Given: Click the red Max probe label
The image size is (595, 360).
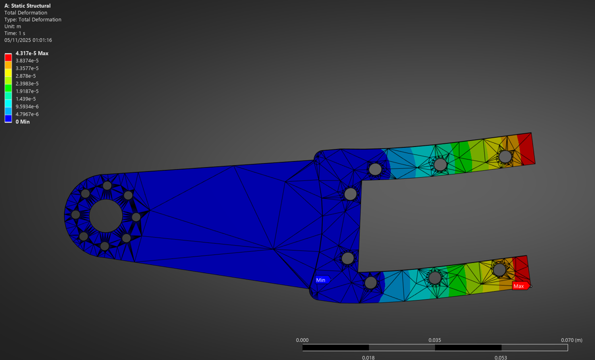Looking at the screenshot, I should pyautogui.click(x=519, y=286).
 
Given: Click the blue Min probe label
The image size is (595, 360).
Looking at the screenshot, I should pyautogui.click(x=321, y=280).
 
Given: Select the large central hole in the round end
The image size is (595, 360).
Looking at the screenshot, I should pyautogui.click(x=105, y=215).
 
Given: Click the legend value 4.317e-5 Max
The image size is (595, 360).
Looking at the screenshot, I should pyautogui.click(x=32, y=53).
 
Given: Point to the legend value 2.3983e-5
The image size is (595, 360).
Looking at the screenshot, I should pyautogui.click(x=27, y=83).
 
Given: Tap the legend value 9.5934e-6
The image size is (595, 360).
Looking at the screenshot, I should pyautogui.click(x=27, y=106).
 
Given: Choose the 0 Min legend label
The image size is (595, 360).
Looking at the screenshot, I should pyautogui.click(x=22, y=122).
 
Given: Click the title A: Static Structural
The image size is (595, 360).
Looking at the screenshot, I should pyautogui.click(x=27, y=5).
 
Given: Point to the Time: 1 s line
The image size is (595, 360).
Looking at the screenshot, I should pyautogui.click(x=15, y=33).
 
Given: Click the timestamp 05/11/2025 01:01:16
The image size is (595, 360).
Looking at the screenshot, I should pyautogui.click(x=28, y=40).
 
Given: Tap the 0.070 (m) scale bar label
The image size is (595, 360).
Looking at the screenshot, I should pyautogui.click(x=571, y=340).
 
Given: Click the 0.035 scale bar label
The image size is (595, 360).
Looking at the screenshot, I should pyautogui.click(x=434, y=340).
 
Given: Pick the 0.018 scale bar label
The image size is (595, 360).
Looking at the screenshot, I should pyautogui.click(x=368, y=357).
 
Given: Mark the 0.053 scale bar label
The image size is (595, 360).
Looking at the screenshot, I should pyautogui.click(x=501, y=357).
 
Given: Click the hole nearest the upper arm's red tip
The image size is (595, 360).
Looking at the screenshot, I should pyautogui.click(x=505, y=156).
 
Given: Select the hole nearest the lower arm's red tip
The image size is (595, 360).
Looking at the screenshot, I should pyautogui.click(x=499, y=270).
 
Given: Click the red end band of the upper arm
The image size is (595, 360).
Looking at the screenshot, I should pyautogui.click(x=526, y=148).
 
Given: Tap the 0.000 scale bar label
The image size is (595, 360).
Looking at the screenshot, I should pyautogui.click(x=302, y=340).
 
